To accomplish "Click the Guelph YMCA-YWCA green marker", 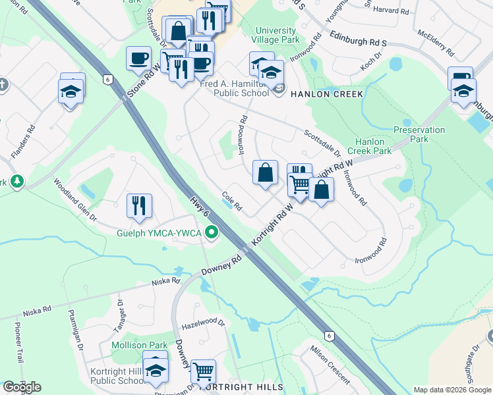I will (212, 232).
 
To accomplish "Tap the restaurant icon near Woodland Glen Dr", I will (140, 206).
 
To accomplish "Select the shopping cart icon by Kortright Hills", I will (203, 371).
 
